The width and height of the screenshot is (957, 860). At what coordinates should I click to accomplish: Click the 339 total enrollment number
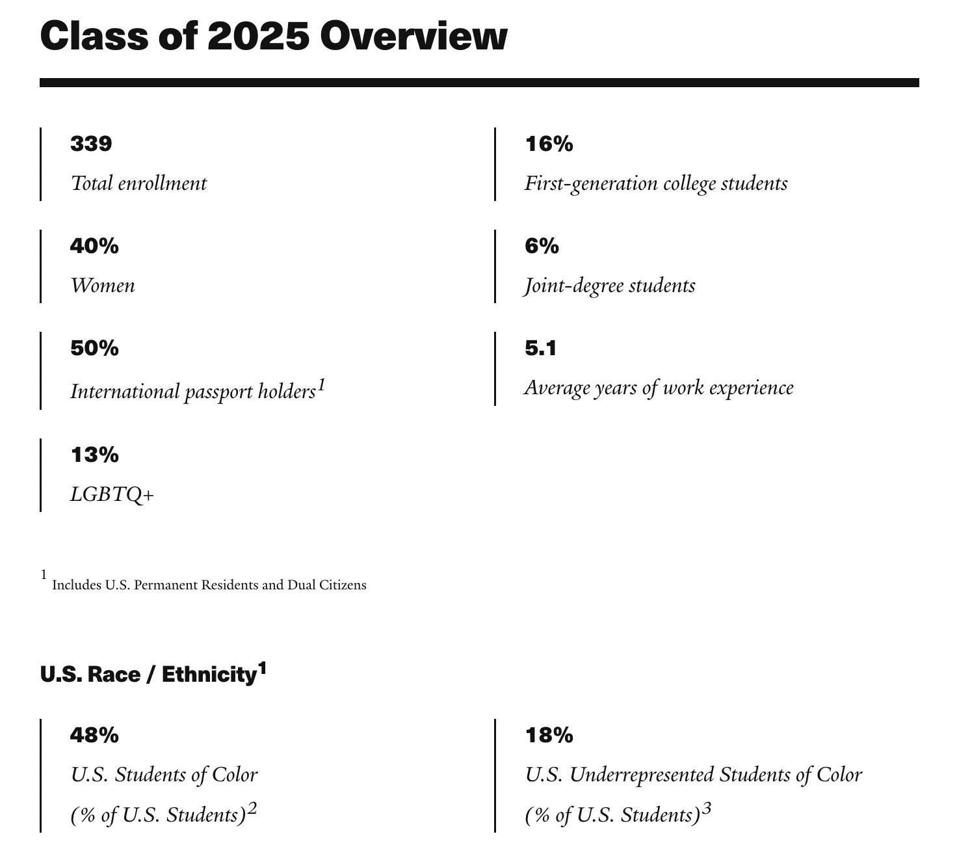[91, 144]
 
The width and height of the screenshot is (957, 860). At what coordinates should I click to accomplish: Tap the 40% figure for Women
[94, 246]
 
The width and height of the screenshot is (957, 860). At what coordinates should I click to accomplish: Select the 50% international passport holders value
[94, 348]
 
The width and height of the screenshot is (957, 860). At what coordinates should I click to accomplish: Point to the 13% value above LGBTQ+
[94, 455]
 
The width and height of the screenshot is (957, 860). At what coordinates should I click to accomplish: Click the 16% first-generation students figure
[549, 144]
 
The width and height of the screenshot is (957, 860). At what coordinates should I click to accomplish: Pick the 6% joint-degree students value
[542, 246]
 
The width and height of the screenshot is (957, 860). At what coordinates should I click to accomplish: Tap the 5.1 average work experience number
[540, 348]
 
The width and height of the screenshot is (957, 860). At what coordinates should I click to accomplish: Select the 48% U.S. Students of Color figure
[94, 735]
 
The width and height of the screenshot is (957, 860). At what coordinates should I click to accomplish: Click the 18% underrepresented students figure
[549, 735]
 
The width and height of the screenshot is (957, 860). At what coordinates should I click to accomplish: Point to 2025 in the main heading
[258, 36]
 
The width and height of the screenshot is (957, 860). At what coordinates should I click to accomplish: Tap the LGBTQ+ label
[112, 495]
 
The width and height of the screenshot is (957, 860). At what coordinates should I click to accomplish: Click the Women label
[103, 286]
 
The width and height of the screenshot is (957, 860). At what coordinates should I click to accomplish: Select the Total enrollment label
[138, 183]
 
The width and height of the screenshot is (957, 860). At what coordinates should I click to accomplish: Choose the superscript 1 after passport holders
[321, 386]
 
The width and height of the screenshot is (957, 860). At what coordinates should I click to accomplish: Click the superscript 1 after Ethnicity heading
[262, 668]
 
